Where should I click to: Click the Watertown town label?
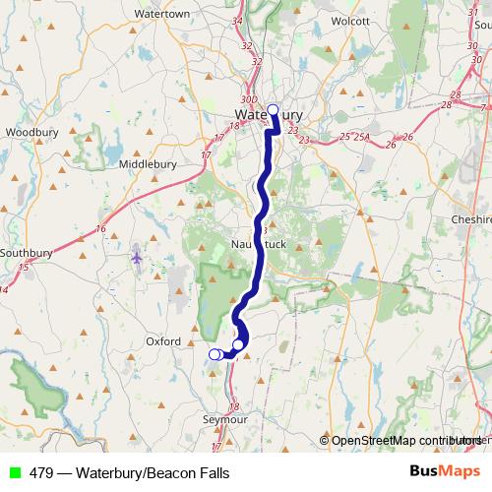point(161,15)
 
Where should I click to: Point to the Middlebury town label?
point(150,164)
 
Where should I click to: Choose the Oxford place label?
point(163,341)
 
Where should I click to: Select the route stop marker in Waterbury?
point(273,110)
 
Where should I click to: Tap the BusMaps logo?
point(444,472)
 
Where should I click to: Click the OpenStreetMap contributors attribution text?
point(403,441)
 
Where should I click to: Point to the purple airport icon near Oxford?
point(136,258)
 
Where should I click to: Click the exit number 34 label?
point(264,20)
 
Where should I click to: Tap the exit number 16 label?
point(100,229)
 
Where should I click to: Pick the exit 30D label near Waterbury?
point(249,99)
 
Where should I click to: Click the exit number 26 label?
point(407,136)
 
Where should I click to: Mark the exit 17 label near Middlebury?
point(207,154)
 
